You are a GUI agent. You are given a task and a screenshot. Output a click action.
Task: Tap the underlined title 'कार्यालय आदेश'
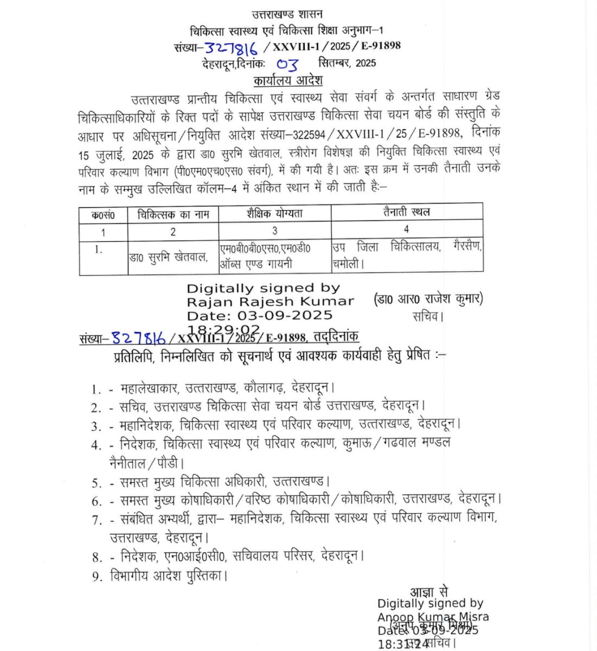[x=288, y=81]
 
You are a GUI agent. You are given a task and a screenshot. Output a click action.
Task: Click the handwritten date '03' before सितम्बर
[x=287, y=65]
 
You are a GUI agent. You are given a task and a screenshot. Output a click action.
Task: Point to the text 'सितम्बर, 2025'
[x=347, y=62]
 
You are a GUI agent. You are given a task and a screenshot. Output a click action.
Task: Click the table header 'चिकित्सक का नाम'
[x=173, y=214]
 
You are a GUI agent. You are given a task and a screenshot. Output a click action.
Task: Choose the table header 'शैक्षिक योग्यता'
[x=274, y=213]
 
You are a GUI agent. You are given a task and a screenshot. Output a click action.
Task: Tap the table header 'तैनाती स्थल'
[x=406, y=212]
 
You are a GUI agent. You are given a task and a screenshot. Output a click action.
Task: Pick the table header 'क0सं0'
[x=103, y=215]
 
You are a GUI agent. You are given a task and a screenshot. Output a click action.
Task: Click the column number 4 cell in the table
[x=406, y=229]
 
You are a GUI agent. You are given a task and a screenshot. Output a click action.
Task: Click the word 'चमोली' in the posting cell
[x=346, y=264]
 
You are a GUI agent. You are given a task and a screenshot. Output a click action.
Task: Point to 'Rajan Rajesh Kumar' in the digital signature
[x=270, y=302]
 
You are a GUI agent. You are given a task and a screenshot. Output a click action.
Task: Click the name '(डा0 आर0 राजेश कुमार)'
[x=428, y=299]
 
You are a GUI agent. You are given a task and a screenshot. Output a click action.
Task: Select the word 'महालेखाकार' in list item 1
[x=149, y=388]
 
